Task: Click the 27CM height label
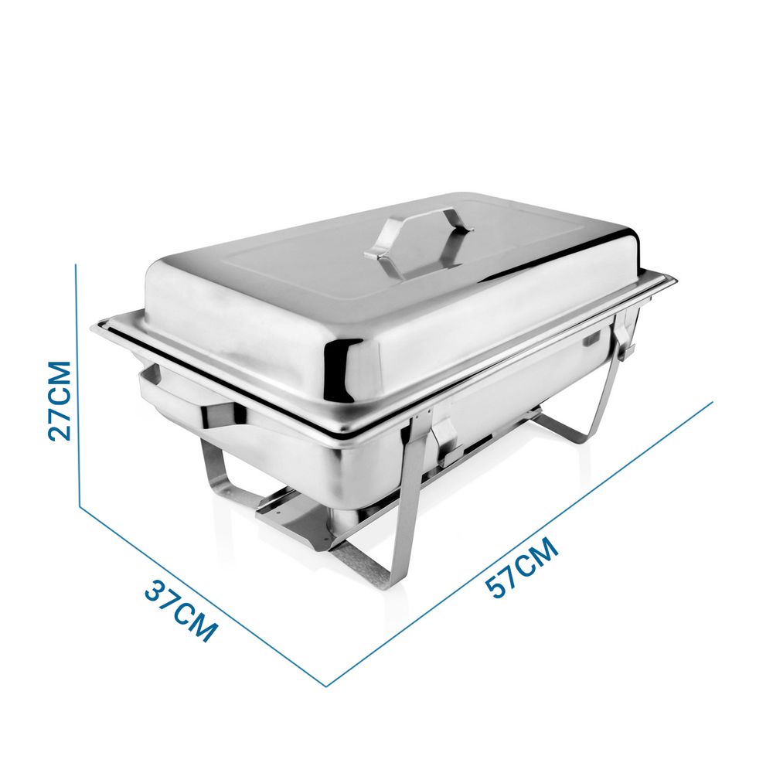point(60,400)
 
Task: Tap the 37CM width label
point(182,611)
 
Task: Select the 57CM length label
point(522,568)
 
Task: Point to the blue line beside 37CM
point(203,596)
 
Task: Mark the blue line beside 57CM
point(519,543)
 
